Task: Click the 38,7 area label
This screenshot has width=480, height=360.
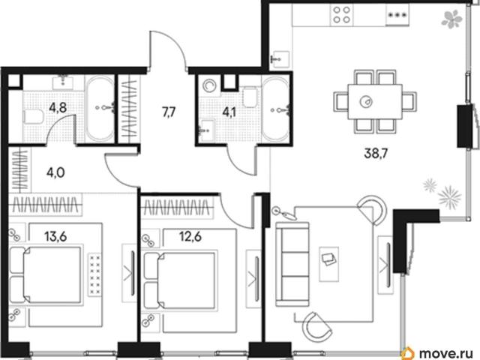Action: click(376, 153)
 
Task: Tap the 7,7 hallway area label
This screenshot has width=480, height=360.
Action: click(169, 112)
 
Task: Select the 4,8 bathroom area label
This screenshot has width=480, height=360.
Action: click(58, 108)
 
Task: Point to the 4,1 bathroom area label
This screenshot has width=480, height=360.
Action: click(229, 112)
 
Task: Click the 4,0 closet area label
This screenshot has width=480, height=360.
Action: click(55, 172)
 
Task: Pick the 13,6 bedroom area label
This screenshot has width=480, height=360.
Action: click(55, 236)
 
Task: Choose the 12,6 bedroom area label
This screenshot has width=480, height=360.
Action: click(190, 236)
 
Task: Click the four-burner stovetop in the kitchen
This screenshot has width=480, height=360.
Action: click(342, 15)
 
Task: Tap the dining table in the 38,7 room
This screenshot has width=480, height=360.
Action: click(375, 102)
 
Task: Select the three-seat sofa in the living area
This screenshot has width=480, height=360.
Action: click(292, 265)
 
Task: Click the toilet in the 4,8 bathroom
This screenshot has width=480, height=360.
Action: click(33, 117)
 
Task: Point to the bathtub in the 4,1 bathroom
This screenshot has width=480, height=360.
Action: click(275, 109)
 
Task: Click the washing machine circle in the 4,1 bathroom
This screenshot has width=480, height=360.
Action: click(210, 86)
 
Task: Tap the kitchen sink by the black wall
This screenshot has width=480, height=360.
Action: click(280, 58)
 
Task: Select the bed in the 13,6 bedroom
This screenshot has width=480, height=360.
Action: click(46, 274)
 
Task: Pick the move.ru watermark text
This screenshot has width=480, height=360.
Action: click(448, 353)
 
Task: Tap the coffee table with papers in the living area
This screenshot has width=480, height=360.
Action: click(329, 264)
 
